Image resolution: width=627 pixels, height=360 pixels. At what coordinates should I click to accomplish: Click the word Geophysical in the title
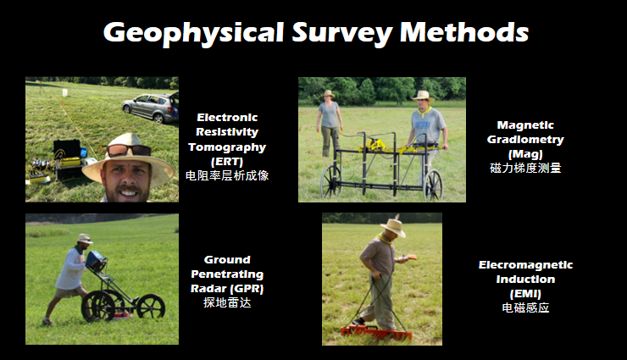(193, 33)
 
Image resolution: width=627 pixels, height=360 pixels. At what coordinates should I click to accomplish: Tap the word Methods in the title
(464, 32)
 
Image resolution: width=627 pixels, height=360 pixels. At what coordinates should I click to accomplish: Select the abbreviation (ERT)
(227, 162)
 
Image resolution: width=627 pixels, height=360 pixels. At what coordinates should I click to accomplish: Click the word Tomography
(227, 147)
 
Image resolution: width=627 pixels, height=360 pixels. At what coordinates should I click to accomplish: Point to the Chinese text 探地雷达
(227, 302)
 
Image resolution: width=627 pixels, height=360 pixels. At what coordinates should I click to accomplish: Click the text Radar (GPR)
(227, 288)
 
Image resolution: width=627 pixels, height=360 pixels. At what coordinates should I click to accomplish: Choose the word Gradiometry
(525, 140)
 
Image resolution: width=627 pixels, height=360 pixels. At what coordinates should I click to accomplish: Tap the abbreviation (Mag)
(525, 154)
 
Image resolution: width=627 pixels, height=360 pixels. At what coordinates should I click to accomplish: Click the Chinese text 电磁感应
(525, 307)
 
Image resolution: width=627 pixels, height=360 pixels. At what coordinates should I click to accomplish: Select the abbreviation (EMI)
(525, 294)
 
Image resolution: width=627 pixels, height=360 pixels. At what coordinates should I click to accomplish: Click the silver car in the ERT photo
(150, 108)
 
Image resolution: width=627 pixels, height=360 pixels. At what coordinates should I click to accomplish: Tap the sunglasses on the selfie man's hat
(129, 150)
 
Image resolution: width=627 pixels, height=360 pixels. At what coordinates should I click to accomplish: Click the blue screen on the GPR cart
(95, 261)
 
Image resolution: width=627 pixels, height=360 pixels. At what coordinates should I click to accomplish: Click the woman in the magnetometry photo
(330, 123)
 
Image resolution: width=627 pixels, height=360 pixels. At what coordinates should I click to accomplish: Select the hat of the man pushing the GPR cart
(85, 239)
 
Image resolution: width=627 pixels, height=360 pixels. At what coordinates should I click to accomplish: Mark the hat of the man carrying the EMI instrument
(393, 227)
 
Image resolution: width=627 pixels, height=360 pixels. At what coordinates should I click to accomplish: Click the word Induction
(525, 279)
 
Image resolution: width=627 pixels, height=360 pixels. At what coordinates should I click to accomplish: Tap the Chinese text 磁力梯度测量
(525, 168)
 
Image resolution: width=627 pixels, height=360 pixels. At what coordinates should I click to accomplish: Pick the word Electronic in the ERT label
(227, 118)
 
